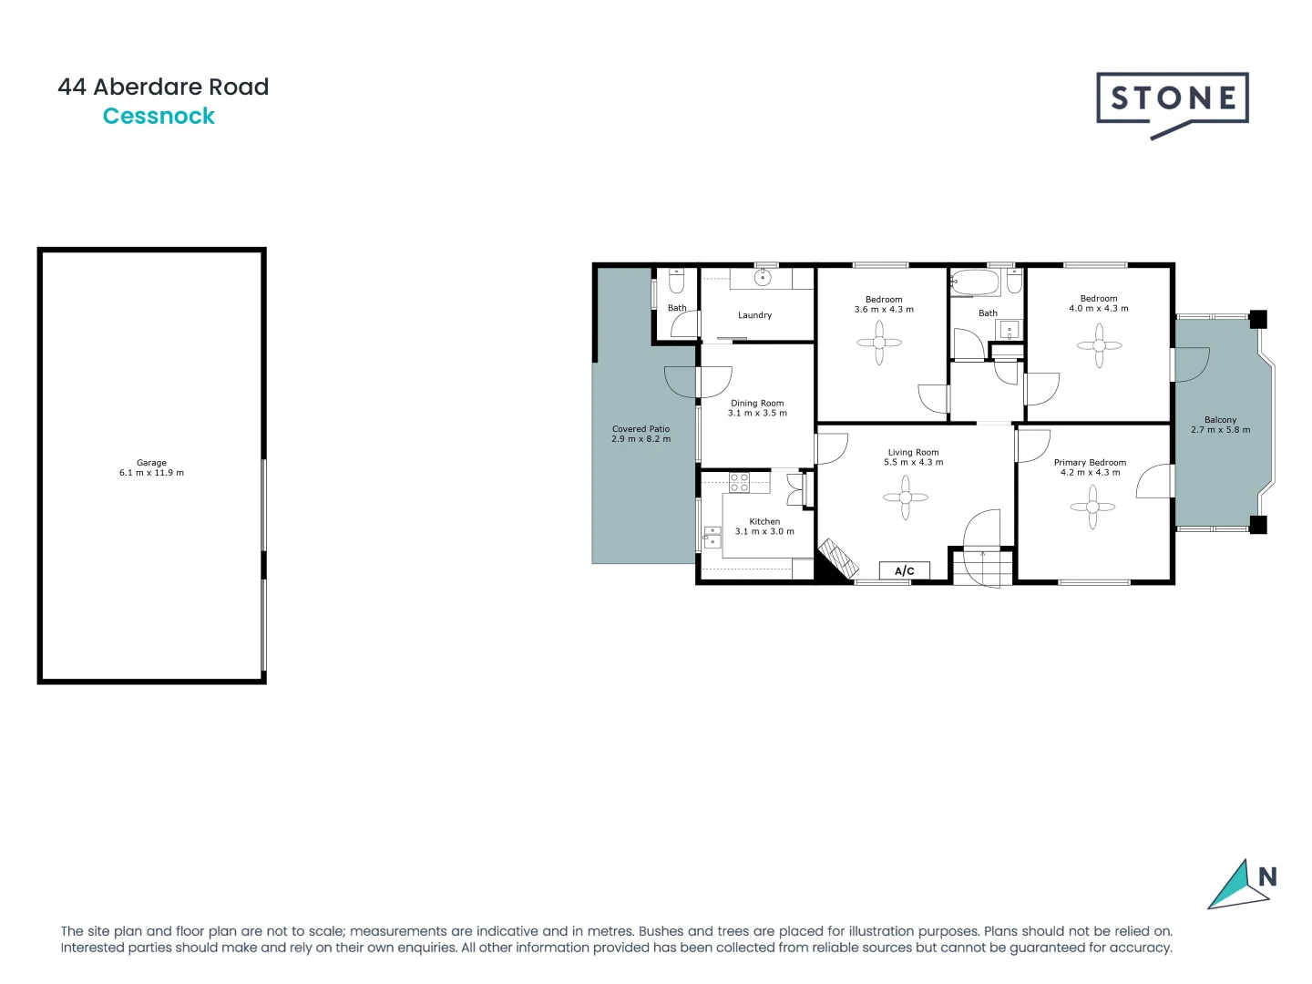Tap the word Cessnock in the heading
point(159,117)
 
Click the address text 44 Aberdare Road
point(163,87)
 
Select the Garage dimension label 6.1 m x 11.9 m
point(151,473)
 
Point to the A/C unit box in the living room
point(904,571)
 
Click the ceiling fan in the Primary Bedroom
point(1092,507)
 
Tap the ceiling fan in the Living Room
point(906,497)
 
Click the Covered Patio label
point(641,429)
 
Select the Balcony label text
point(1220,420)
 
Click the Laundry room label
point(754,315)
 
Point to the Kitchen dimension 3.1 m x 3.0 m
point(764,532)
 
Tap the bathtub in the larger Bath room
point(976,282)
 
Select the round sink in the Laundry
point(764,278)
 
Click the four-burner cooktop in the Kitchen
point(739,482)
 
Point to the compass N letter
point(1267,876)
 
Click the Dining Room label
point(757,403)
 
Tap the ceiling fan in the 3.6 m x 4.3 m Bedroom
point(879,343)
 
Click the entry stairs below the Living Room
point(982,568)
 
